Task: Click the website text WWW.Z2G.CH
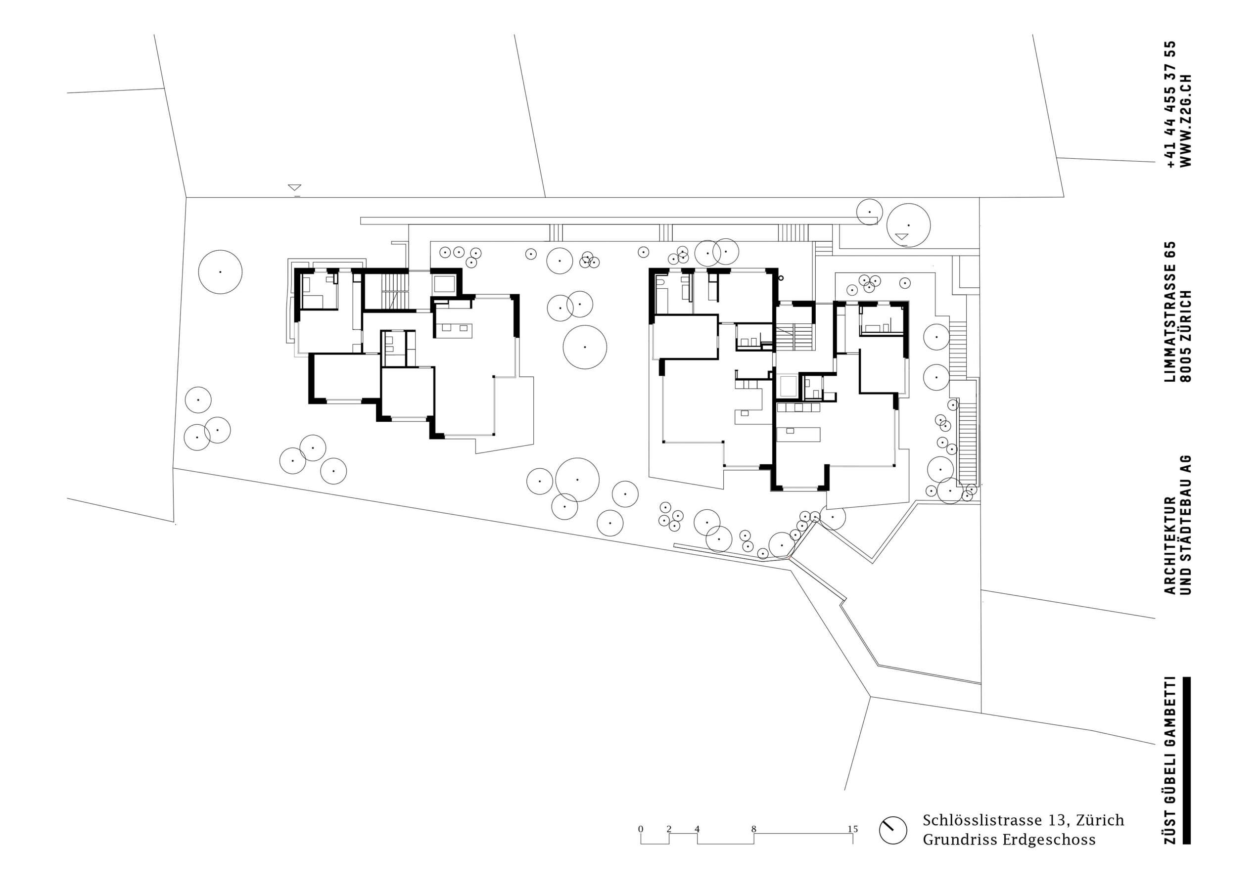(1185, 120)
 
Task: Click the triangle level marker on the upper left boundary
(295, 187)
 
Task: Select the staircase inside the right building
(793, 336)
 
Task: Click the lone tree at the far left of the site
(220, 272)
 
